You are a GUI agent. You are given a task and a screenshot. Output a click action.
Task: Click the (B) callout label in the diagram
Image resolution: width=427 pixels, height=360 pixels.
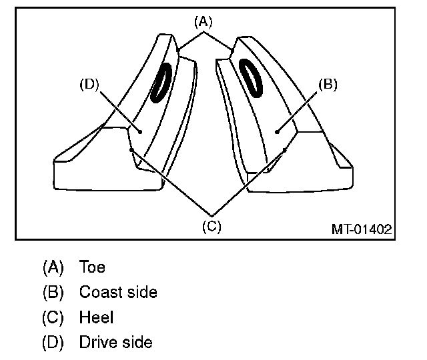328,85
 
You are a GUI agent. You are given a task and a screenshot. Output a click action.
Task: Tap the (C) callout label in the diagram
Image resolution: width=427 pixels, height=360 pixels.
211,225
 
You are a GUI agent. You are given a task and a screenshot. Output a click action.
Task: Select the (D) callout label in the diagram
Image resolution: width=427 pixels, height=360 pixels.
89,85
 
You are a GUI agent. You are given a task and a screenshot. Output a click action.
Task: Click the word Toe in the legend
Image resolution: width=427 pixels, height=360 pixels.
92,267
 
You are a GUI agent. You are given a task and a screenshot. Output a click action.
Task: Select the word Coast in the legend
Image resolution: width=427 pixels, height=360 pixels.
98,292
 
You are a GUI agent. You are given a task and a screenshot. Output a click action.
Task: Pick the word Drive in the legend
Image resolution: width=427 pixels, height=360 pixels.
97,343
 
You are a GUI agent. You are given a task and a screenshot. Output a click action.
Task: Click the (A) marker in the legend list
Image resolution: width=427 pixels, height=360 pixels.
53,267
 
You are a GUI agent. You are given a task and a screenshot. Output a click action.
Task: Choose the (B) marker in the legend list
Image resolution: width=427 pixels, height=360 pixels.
53,292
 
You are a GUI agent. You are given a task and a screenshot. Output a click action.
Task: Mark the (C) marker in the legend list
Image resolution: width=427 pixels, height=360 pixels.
53,317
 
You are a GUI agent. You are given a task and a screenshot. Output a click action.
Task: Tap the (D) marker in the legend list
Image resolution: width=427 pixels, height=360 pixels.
53,343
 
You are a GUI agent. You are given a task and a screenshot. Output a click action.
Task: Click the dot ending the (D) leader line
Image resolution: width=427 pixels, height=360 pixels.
141,132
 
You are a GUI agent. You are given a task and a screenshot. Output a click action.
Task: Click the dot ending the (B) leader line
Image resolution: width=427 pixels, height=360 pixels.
278,132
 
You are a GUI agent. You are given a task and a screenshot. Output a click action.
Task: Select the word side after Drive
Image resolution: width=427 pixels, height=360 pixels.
137,343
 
